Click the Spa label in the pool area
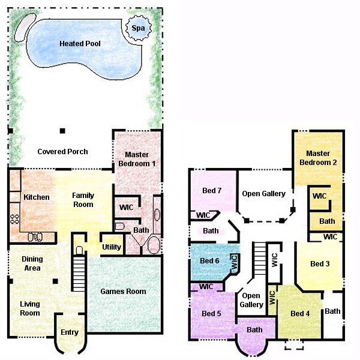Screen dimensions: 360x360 tap(137, 28)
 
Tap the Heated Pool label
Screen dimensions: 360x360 tap(80, 44)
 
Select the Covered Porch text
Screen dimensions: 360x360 tap(62, 152)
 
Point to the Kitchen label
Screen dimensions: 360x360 tap(36, 197)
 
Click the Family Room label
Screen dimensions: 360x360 tap(83, 200)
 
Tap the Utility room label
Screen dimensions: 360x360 tap(112, 247)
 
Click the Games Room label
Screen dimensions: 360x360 tap(123, 292)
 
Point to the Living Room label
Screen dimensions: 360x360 tap(29, 308)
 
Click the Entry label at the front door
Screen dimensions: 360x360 tap(70, 332)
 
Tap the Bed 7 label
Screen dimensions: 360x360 tap(212, 191)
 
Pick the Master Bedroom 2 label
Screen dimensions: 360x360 tap(318, 158)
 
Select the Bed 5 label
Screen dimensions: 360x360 tap(212, 314)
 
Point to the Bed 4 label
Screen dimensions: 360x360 tap(300, 314)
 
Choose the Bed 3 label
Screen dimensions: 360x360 tap(320, 264)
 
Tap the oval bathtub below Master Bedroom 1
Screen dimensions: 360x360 tap(154, 245)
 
